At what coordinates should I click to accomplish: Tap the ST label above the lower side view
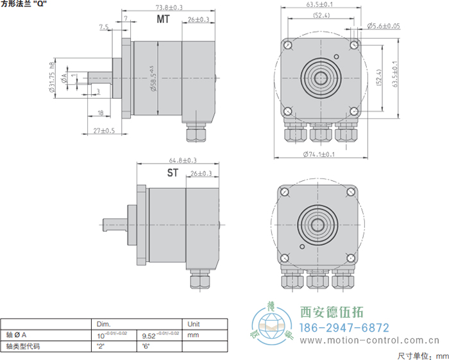click(x=173, y=173)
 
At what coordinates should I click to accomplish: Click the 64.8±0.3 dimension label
click(x=183, y=160)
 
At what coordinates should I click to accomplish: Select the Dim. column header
click(x=104, y=324)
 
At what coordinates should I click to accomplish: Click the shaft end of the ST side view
click(x=106, y=223)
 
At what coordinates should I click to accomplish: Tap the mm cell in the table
click(x=192, y=334)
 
